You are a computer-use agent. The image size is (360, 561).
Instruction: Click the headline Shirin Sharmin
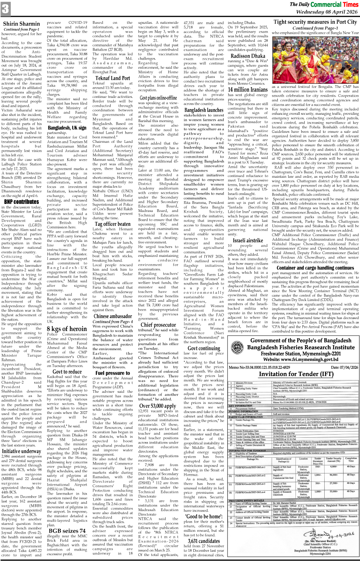22,24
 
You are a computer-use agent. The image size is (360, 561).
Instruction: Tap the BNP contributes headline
22,201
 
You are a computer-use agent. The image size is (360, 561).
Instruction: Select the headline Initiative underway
22,451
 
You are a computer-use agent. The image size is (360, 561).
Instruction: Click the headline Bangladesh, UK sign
67,128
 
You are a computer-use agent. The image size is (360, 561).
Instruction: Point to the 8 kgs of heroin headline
67,328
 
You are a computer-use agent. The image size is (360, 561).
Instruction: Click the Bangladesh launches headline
204,110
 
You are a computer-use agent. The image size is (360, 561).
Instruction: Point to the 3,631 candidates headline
204,541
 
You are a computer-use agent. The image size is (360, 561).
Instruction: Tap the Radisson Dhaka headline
248,56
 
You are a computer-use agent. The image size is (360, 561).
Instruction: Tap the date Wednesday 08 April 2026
327,12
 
